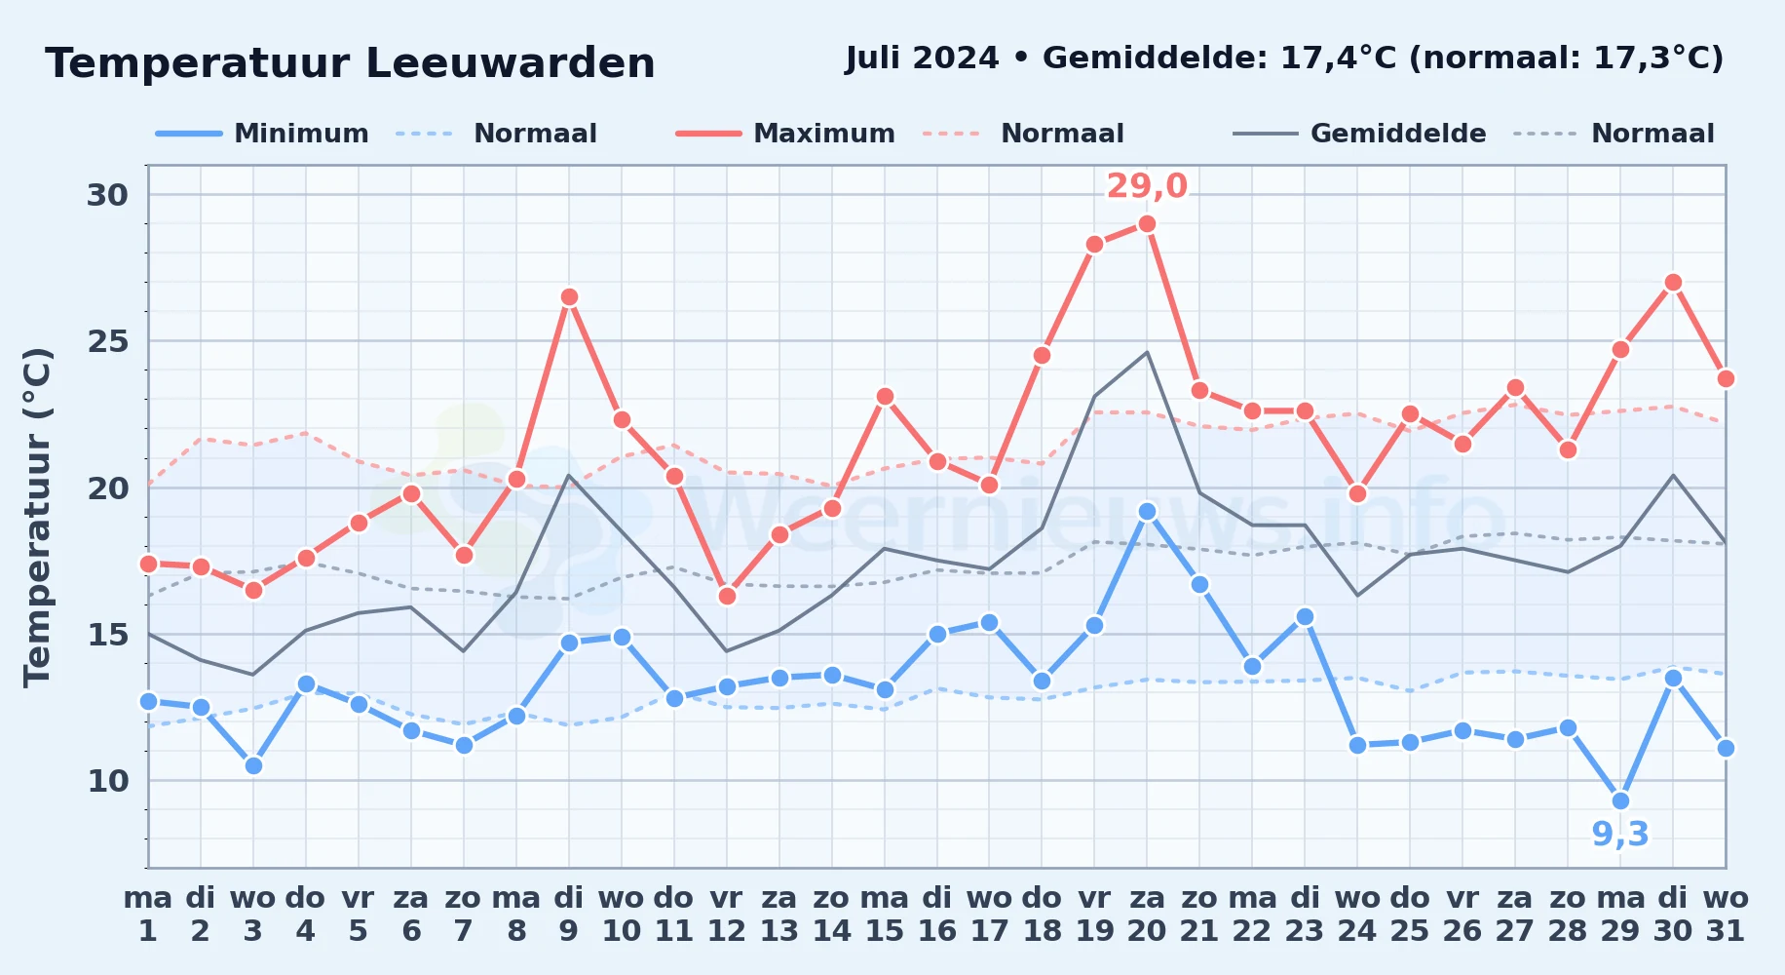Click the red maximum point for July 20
tap(1147, 224)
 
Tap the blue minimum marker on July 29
tap(1620, 801)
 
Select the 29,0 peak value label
tap(1147, 185)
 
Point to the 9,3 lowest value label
tap(1620, 835)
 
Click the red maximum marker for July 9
tap(569, 297)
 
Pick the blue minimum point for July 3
tap(253, 766)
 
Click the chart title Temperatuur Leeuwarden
tap(350, 63)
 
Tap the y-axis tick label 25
tap(107, 342)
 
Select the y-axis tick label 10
tap(107, 781)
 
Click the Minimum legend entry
tap(262, 134)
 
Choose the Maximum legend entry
tap(785, 134)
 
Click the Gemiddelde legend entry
tap(1360, 134)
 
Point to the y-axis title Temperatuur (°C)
tap(37, 517)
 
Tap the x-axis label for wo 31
tap(1726, 915)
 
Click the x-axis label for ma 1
tap(148, 915)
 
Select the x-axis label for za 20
tap(1147, 915)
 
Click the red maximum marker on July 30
tap(1673, 283)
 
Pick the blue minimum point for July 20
tap(1147, 512)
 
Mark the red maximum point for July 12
tap(727, 597)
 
